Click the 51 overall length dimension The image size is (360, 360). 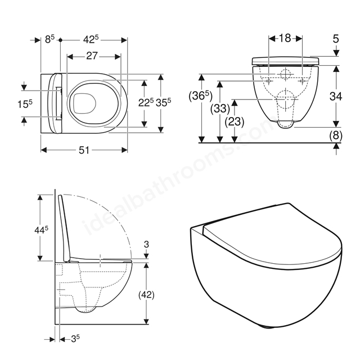pyautogui.click(x=84, y=150)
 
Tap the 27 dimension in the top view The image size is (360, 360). pyautogui.click(x=92, y=56)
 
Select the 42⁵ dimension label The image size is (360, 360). pyautogui.click(x=91, y=39)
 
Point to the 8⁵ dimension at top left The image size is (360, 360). pyautogui.click(x=50, y=39)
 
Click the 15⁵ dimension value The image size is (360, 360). pyautogui.click(x=25, y=103)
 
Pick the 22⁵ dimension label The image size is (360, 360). pyautogui.click(x=146, y=102)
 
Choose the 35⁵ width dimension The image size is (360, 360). pyautogui.click(x=164, y=102)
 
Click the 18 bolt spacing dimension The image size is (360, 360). pyautogui.click(x=285, y=38)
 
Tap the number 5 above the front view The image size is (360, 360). pyautogui.click(x=336, y=39)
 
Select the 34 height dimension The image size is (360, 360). pyautogui.click(x=336, y=96)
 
